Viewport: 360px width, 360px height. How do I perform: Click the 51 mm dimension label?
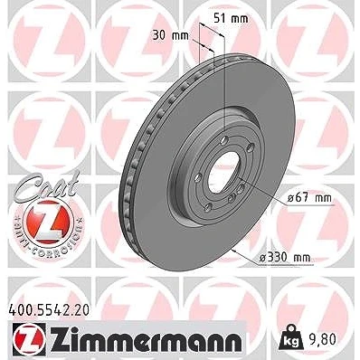pyautogui.click(x=231, y=19)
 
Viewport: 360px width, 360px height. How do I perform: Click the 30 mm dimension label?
pyautogui.click(x=170, y=36)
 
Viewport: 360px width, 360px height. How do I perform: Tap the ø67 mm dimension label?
pyautogui.click(x=309, y=198)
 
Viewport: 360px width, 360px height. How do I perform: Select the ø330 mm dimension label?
pyautogui.click(x=285, y=258)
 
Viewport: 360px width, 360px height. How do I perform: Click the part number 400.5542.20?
pyautogui.click(x=49, y=309)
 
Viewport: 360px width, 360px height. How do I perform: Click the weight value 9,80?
pyautogui.click(x=322, y=340)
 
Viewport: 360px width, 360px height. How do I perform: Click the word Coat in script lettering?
pyautogui.click(x=47, y=186)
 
